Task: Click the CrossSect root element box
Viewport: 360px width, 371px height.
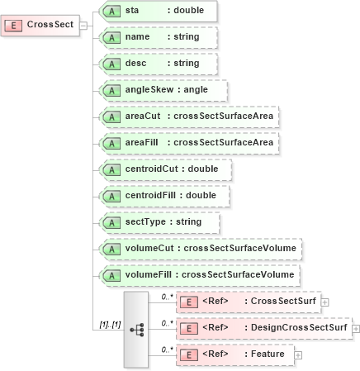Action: [40, 24]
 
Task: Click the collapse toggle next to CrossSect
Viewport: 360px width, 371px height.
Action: [84, 24]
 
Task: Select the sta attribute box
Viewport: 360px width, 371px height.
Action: [157, 12]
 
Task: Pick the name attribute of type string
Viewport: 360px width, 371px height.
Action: [157, 38]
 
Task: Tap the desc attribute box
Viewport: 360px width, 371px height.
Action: [157, 64]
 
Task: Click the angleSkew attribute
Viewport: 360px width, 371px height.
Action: [162, 90]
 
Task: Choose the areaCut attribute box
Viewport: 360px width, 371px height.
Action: [187, 117]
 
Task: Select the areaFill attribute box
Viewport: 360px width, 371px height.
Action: [187, 143]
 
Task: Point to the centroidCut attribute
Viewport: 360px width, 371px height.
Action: [163, 169]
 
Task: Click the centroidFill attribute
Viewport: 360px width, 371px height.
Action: [163, 196]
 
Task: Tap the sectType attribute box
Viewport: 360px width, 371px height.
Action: [159, 222]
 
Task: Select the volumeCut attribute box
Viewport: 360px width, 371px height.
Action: [198, 249]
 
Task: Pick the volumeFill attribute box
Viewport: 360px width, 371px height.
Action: [198, 275]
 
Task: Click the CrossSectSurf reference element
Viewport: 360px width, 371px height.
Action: [249, 302]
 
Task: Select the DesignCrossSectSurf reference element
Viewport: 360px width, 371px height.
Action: [264, 328]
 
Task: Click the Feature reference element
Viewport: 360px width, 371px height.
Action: [235, 354]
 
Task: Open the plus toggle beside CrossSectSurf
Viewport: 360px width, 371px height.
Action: [324, 302]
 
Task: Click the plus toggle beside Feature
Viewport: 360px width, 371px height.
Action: [298, 355]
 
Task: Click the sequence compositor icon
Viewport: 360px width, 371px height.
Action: [137, 329]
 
